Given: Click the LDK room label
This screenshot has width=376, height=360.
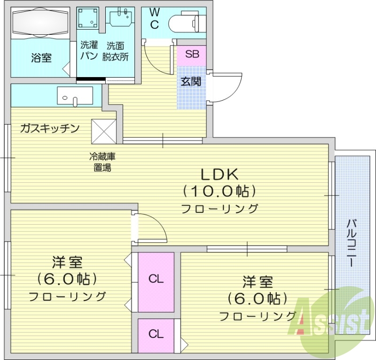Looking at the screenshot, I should (x=220, y=175).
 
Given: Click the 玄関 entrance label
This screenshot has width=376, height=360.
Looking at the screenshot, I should (x=191, y=81).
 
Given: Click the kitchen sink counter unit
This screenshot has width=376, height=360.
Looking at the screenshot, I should (x=75, y=96).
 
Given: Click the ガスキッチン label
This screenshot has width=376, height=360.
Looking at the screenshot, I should (x=49, y=128).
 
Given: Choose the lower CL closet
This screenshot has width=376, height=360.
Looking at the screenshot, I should (x=156, y=335).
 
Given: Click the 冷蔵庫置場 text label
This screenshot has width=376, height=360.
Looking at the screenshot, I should (x=103, y=161).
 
